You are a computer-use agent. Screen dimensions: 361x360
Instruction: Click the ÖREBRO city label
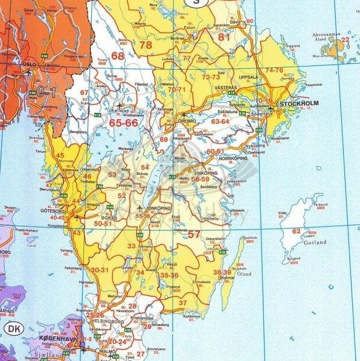point(187,121)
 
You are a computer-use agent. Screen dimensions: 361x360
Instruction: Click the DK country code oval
point(12,328)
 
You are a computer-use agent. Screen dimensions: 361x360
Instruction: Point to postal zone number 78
point(146,45)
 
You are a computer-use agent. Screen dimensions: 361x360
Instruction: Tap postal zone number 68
point(117,56)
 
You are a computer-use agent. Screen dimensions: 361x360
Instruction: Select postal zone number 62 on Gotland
point(296,231)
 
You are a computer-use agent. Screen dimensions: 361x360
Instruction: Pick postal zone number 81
point(224,37)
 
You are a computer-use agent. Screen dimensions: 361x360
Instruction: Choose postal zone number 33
point(132,246)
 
